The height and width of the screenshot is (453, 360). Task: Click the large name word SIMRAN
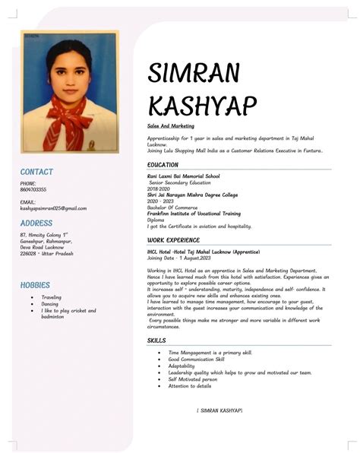194,74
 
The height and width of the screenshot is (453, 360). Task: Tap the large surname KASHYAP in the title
203,106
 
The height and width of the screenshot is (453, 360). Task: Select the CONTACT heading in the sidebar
36,173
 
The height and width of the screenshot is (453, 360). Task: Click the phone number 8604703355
33,189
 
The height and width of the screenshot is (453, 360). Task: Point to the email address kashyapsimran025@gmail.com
53,207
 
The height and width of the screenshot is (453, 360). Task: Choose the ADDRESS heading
36,224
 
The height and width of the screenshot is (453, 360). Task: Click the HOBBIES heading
35,285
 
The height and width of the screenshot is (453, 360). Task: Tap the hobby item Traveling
52,297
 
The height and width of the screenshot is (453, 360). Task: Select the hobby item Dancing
50,304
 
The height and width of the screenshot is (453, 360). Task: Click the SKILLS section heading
157,341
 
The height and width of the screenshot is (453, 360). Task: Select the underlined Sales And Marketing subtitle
171,125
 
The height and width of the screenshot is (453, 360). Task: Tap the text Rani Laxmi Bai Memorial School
184,176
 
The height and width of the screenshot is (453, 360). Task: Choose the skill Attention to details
190,386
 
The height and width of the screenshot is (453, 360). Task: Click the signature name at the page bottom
219,410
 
